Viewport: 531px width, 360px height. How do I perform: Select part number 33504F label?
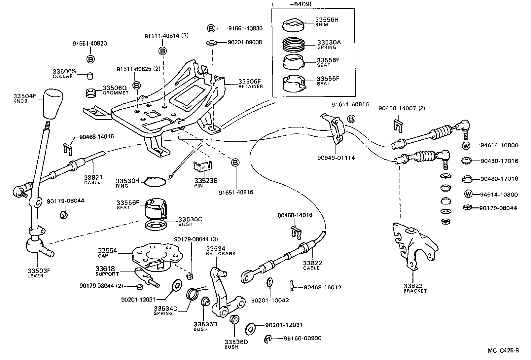coord(24,96)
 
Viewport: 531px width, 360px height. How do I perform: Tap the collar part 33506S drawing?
coord(89,76)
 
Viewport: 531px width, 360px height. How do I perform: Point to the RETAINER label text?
coord(251,87)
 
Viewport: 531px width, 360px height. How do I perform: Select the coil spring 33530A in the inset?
coord(293,45)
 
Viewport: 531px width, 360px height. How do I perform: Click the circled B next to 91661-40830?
coord(211,28)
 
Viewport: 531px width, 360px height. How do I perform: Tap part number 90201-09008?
coord(245,42)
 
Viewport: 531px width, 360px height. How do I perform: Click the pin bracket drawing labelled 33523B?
coord(202,166)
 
